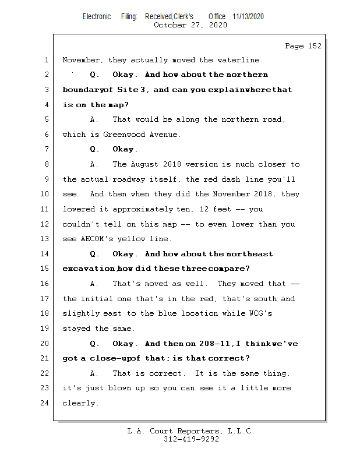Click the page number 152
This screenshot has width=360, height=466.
[x=314, y=46]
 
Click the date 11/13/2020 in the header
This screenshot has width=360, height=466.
[x=248, y=17]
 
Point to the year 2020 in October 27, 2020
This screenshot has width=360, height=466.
[x=217, y=25]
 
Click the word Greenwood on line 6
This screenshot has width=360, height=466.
[x=125, y=135]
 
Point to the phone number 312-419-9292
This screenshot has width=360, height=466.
[x=191, y=440]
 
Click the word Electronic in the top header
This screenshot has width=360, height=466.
[x=97, y=17]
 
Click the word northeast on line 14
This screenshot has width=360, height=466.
[x=249, y=254]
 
